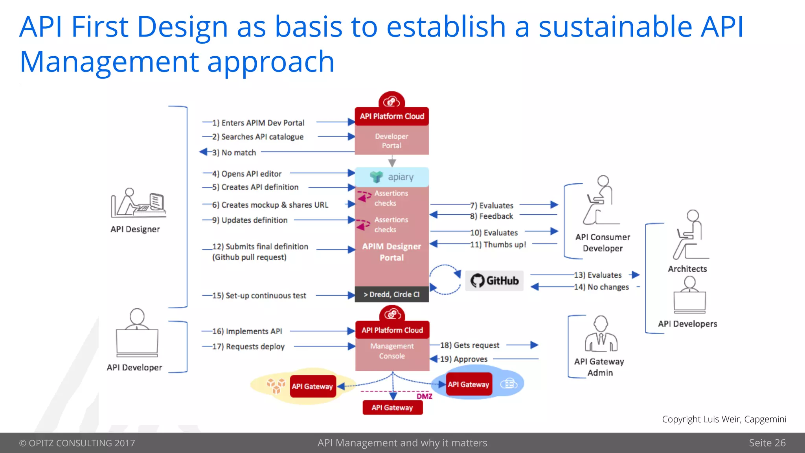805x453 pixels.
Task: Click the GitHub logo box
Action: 494,281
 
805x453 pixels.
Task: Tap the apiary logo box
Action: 392,177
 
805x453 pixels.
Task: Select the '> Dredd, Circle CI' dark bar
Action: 391,295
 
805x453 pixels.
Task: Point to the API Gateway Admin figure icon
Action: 601,334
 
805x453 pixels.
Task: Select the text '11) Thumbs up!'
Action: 498,245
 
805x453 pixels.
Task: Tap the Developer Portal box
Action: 391,141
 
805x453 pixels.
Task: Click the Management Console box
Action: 392,351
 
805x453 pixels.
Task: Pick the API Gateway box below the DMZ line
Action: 392,408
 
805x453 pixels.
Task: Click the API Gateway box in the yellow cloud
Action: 312,386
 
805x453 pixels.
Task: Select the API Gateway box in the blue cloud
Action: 469,385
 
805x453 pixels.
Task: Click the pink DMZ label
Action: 425,396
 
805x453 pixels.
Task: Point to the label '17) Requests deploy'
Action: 248,346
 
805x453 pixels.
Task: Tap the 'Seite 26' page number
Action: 767,443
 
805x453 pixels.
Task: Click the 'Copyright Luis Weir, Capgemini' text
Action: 724,419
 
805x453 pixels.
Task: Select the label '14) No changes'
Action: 601,287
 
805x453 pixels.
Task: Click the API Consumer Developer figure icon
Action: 600,201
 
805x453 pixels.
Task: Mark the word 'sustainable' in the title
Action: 615,27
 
